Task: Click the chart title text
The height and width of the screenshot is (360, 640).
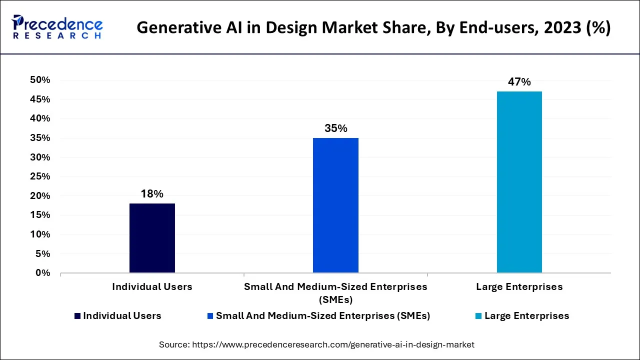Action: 373,27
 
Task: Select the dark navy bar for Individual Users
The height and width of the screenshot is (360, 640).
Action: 152,238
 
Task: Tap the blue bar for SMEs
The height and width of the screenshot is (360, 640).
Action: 335,205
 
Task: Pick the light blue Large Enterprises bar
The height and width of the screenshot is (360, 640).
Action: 519,182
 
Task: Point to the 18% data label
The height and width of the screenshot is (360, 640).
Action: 152,194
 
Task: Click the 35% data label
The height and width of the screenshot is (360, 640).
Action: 335,128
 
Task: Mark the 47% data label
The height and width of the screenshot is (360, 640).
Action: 519,82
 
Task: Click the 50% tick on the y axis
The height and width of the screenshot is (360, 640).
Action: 40,80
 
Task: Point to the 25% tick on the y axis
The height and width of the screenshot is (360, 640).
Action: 40,176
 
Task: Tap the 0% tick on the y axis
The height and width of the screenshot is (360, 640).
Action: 42,273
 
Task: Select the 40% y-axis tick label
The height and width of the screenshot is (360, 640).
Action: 40,118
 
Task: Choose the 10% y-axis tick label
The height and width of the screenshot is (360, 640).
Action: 40,234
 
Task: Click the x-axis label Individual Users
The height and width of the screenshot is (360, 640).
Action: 152,287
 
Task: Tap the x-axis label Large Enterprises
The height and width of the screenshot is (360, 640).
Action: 519,287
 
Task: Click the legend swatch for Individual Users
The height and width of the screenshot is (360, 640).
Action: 77,316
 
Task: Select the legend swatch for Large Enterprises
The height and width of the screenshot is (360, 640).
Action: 478,316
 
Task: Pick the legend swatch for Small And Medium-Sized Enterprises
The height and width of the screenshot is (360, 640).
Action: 210,316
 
